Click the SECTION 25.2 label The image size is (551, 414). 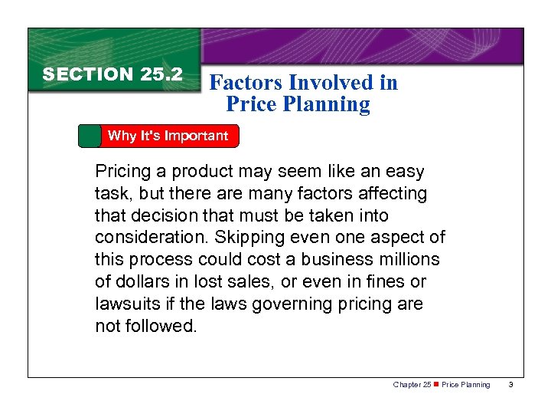coord(112,74)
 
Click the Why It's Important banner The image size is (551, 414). coord(168,136)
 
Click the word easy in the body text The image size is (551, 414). coord(405,172)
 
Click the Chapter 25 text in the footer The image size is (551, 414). coord(411,384)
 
